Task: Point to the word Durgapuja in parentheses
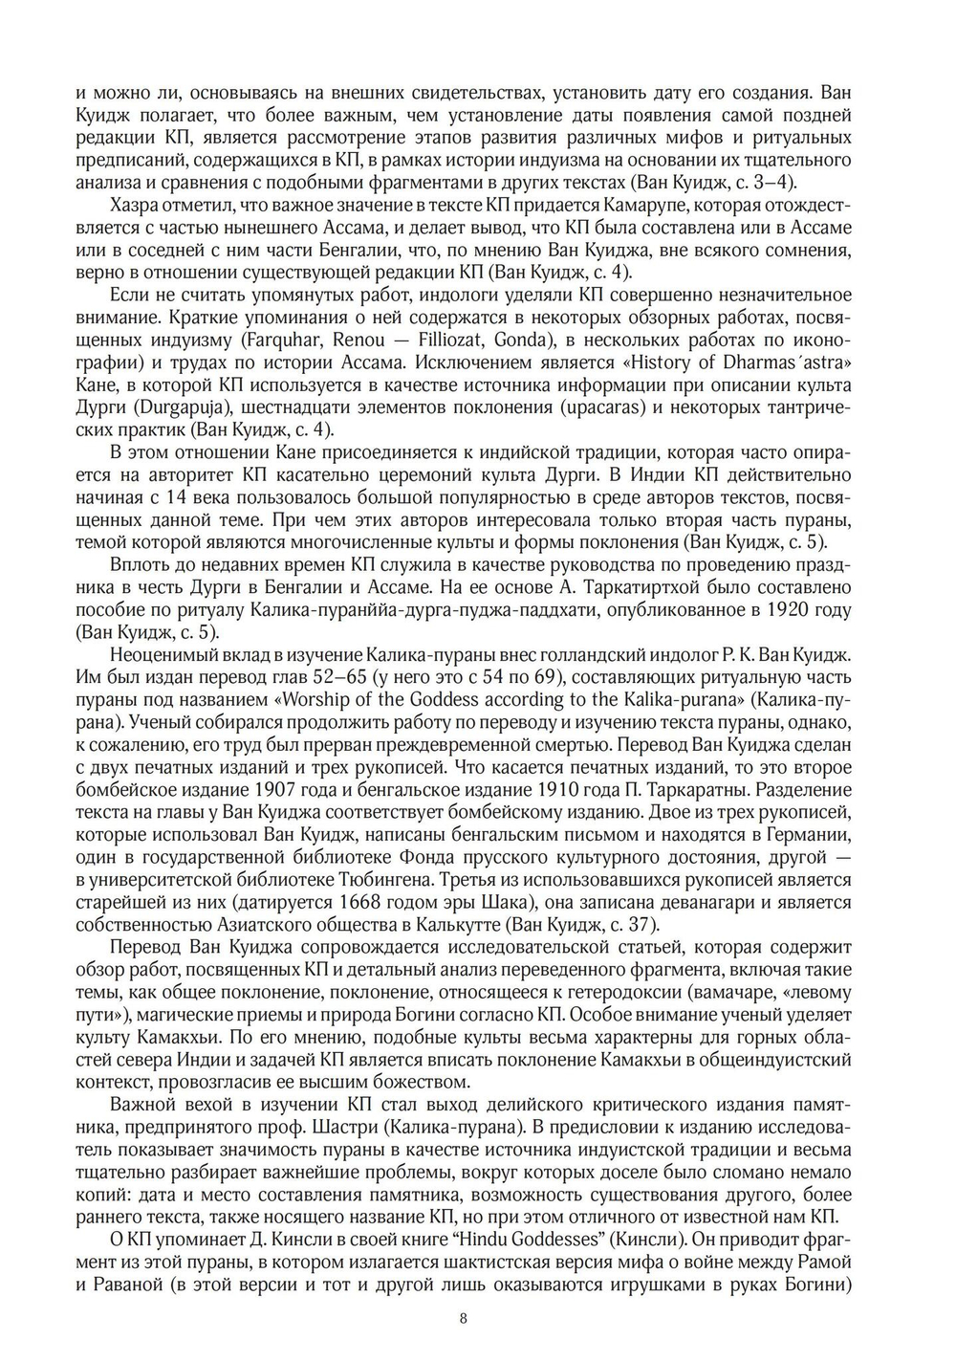coord(168,406)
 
